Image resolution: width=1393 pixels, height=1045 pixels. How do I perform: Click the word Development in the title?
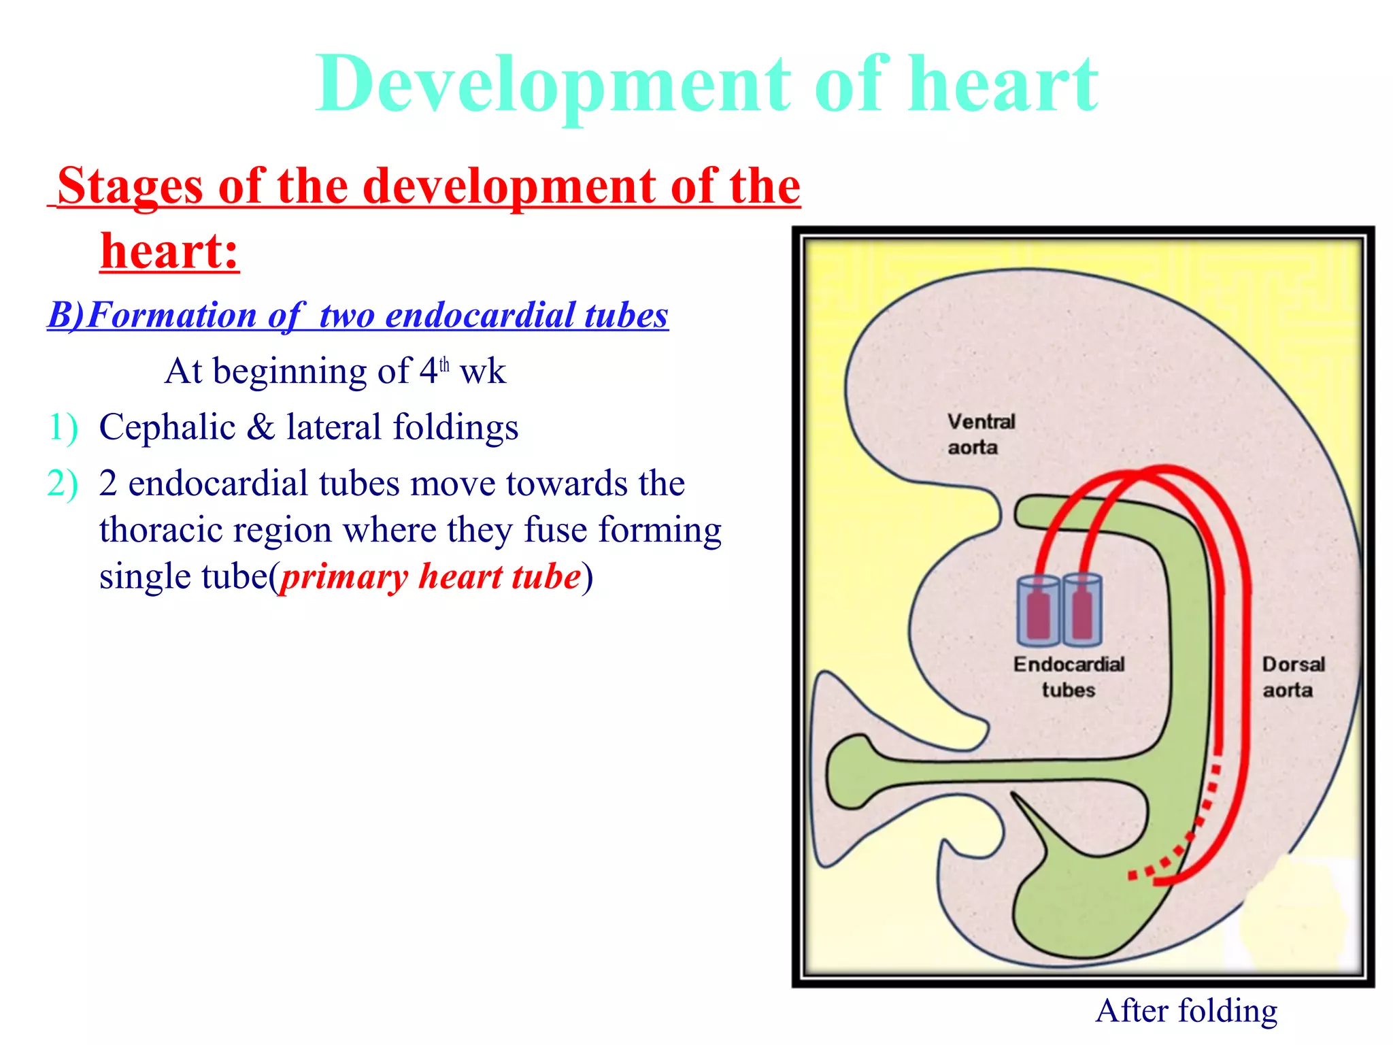click(553, 85)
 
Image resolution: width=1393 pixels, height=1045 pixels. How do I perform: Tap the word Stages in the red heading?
click(131, 186)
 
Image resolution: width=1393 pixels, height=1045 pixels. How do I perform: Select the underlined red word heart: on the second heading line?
click(170, 251)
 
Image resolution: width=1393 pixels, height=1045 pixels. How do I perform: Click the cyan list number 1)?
click(63, 427)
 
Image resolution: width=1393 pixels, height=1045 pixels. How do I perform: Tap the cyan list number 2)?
click(63, 484)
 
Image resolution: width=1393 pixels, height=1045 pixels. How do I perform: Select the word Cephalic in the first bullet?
click(167, 427)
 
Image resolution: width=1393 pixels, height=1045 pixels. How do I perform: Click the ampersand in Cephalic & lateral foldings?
click(261, 427)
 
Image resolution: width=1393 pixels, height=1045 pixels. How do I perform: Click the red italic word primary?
click(344, 576)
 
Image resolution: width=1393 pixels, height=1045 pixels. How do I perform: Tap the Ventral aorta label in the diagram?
click(980, 434)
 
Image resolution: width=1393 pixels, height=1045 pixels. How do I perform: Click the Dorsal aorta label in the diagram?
click(1292, 676)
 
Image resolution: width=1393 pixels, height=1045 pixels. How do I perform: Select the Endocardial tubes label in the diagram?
click(1069, 676)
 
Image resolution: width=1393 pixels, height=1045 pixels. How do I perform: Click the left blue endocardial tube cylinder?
click(1037, 610)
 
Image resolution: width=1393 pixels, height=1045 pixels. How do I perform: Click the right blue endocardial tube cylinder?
click(1082, 610)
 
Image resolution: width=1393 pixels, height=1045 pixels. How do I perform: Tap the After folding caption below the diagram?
click(1186, 1010)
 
